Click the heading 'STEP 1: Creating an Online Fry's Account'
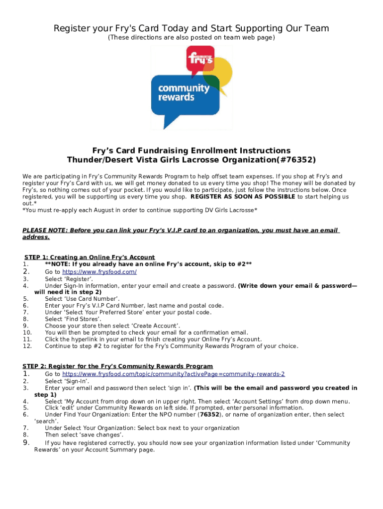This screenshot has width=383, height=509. [x=90, y=257]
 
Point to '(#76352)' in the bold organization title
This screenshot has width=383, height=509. [x=294, y=160]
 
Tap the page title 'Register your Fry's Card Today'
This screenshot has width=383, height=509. [x=191, y=28]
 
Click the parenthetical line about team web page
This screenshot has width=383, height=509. [x=191, y=38]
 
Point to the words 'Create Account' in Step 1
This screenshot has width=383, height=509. [x=152, y=326]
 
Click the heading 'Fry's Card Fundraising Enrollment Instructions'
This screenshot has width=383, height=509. [x=191, y=151]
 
